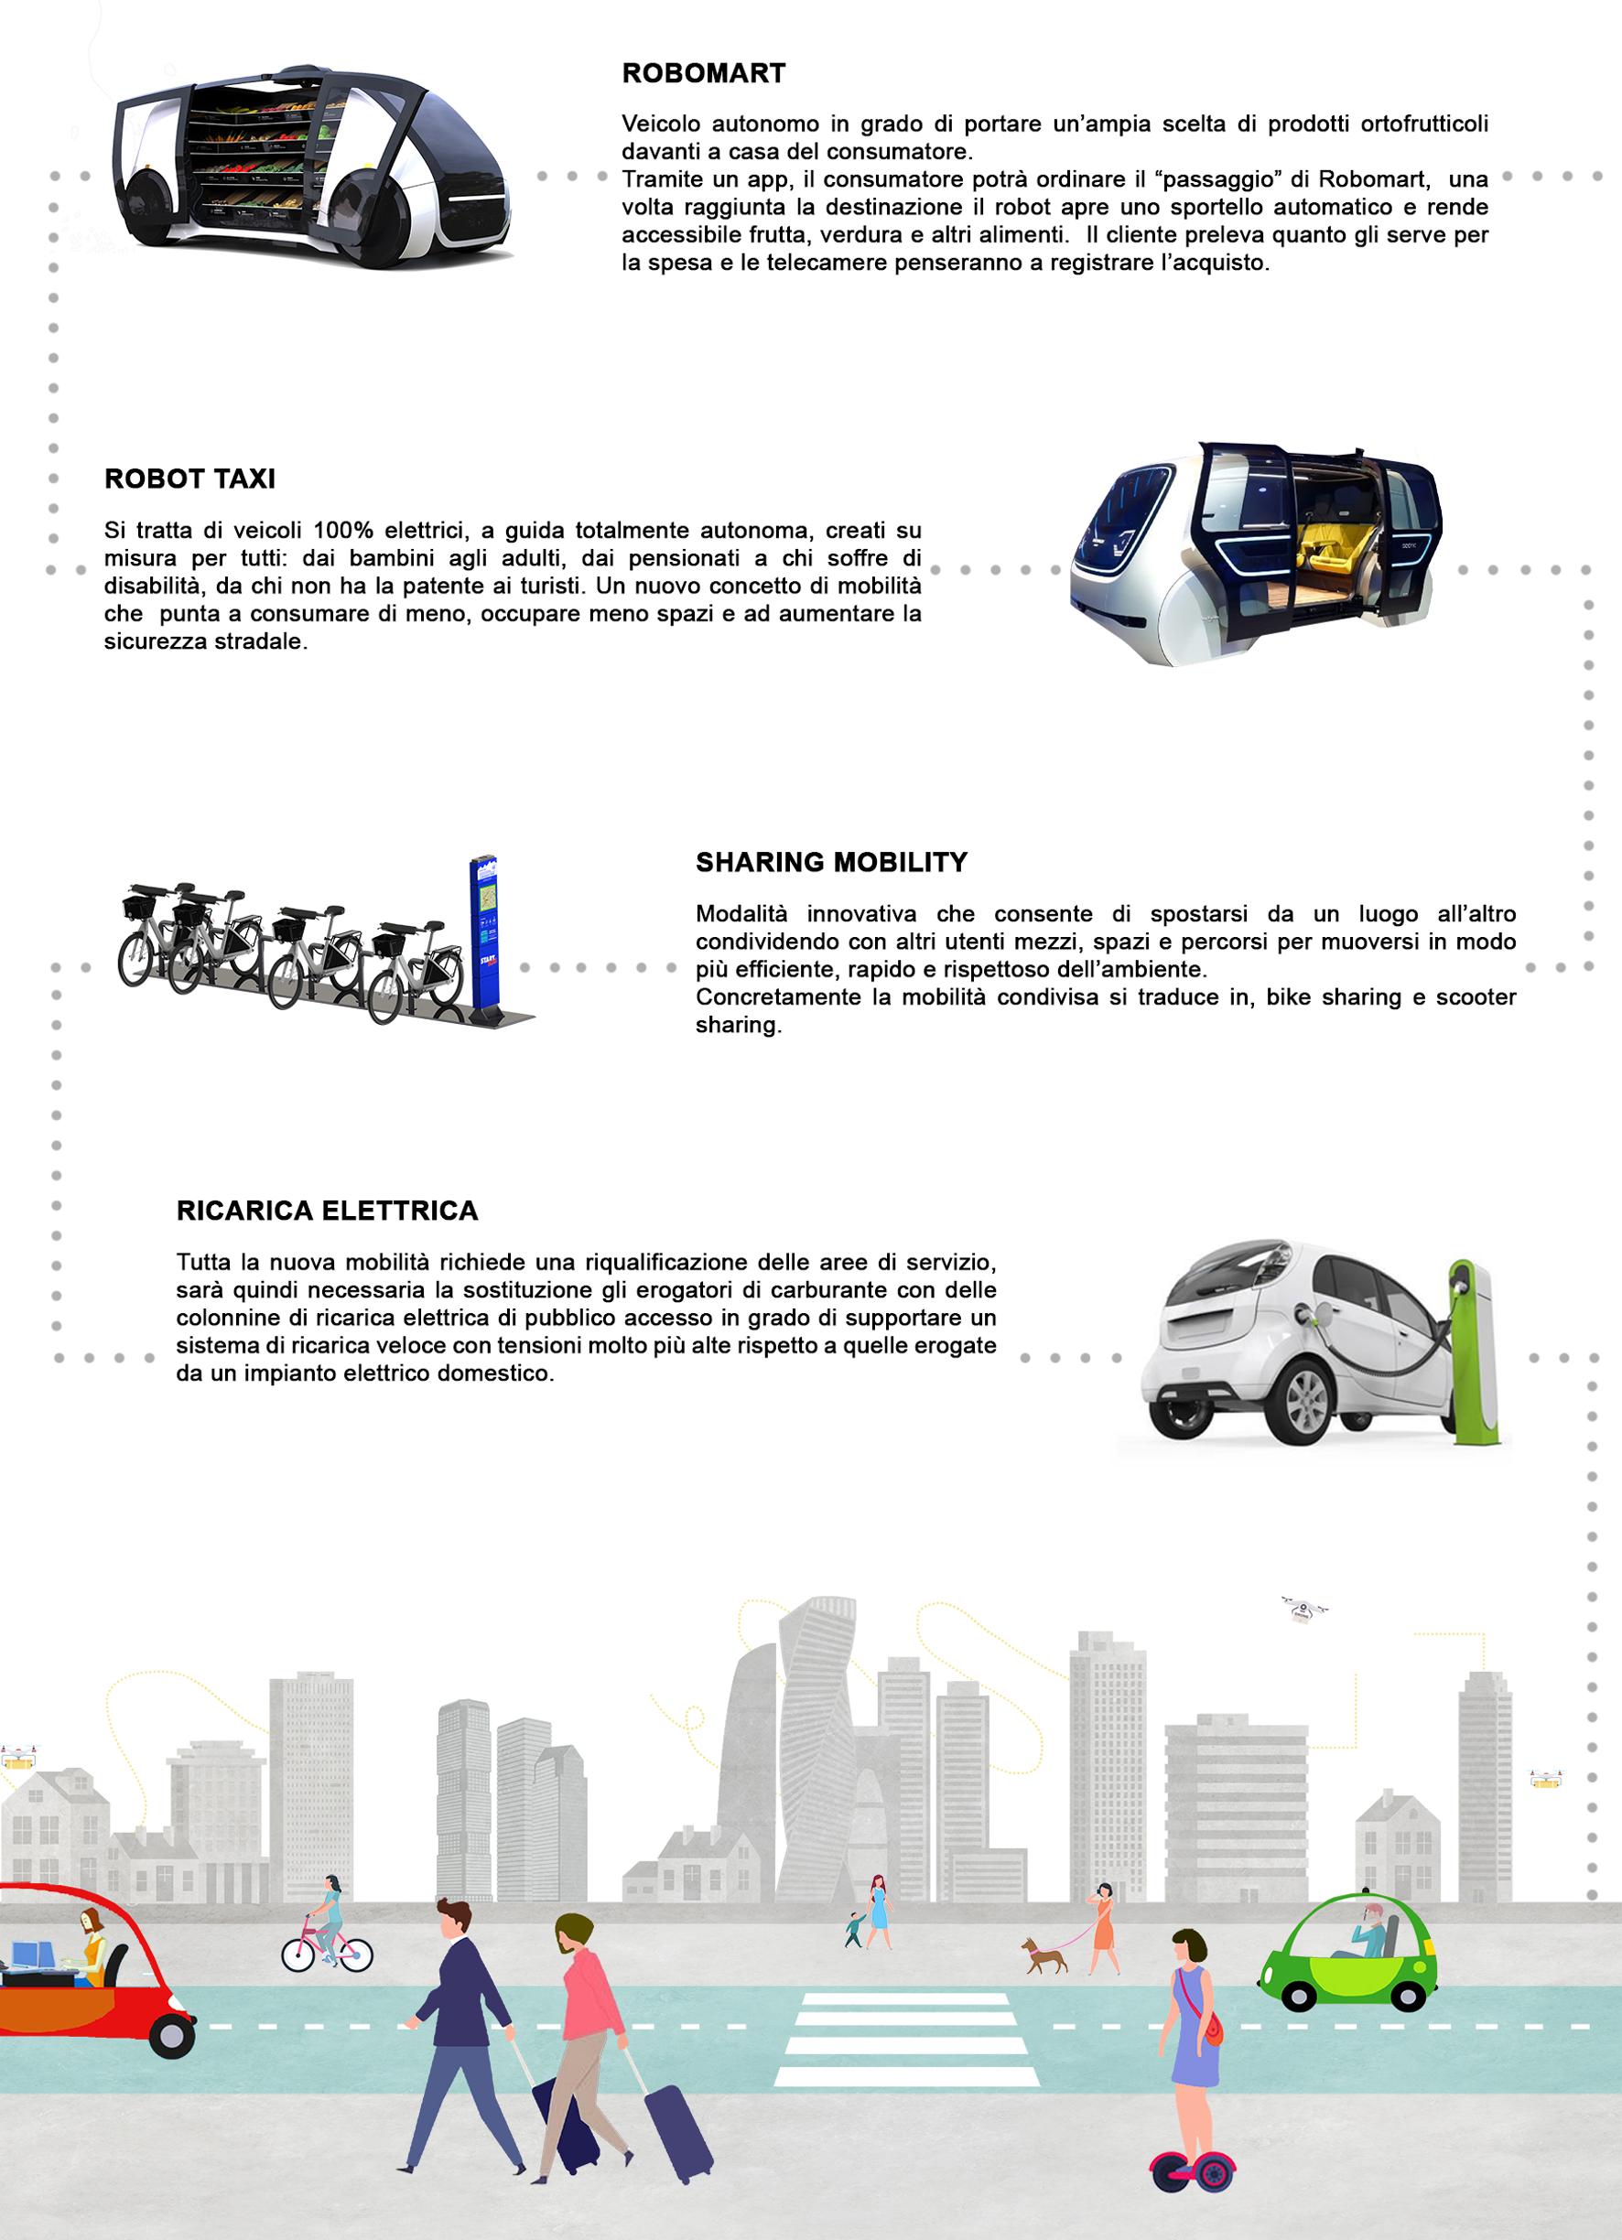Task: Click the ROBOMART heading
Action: click(x=703, y=74)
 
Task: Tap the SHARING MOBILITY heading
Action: click(x=831, y=862)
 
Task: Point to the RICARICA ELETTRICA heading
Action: click(x=327, y=1211)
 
